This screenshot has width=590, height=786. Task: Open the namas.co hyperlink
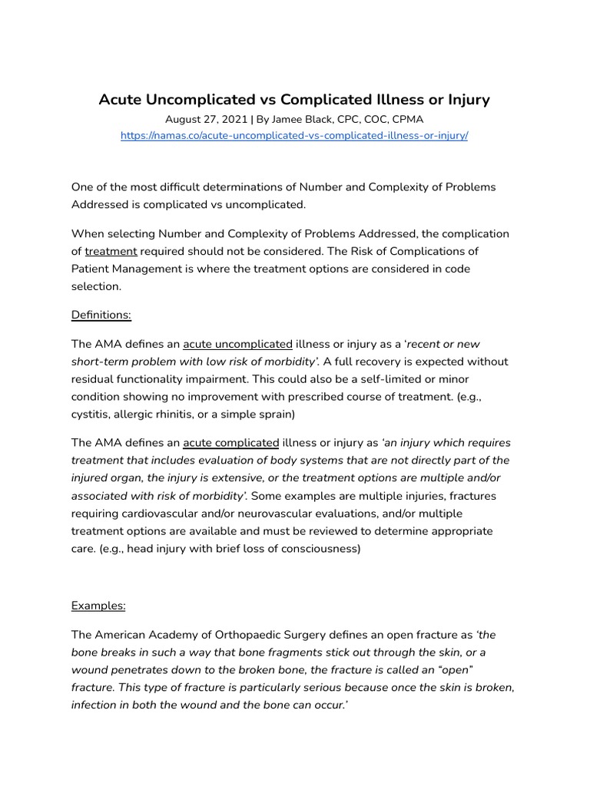click(x=295, y=136)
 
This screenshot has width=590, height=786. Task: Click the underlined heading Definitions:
click(x=101, y=315)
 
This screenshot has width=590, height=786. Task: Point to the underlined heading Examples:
click(x=98, y=606)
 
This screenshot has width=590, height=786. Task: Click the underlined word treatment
click(x=111, y=251)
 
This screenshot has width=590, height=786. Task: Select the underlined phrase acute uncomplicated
click(x=237, y=344)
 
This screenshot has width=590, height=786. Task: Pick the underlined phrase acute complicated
click(x=230, y=443)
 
